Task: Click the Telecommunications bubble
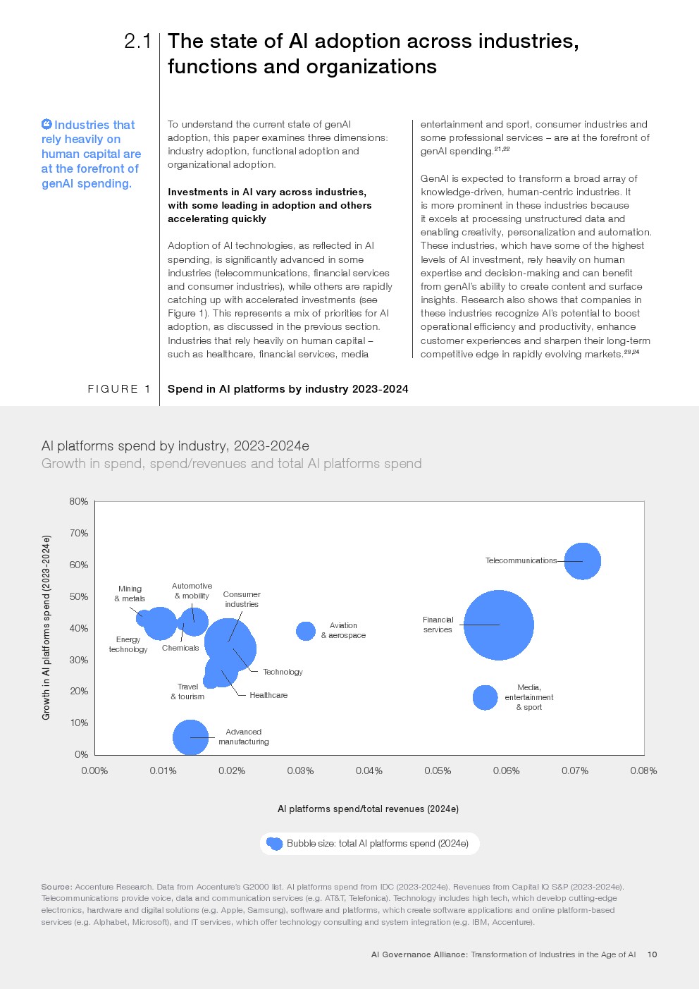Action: pyautogui.click(x=582, y=561)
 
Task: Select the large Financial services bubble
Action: pyautogui.click(x=498, y=625)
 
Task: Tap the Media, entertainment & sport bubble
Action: pyautogui.click(x=485, y=697)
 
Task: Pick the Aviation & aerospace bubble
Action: pyautogui.click(x=305, y=631)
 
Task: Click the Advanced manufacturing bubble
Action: pyautogui.click(x=190, y=737)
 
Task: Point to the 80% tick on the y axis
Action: pyautogui.click(x=79, y=502)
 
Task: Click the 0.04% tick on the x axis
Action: pyautogui.click(x=369, y=770)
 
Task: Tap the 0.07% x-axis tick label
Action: pyautogui.click(x=575, y=770)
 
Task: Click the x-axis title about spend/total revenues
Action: pyautogui.click(x=368, y=809)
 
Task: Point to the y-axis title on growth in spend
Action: pyautogui.click(x=47, y=627)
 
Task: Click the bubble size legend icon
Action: pyautogui.click(x=274, y=844)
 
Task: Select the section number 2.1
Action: pyautogui.click(x=137, y=42)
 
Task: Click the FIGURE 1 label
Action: pyautogui.click(x=119, y=389)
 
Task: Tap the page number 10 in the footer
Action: pyautogui.click(x=652, y=954)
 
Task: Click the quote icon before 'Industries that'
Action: pyautogui.click(x=47, y=125)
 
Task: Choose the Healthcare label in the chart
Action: pyautogui.click(x=268, y=695)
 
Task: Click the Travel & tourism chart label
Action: pyautogui.click(x=187, y=692)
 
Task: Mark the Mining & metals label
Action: pyautogui.click(x=130, y=594)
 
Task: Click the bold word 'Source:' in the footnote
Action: pyautogui.click(x=56, y=887)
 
